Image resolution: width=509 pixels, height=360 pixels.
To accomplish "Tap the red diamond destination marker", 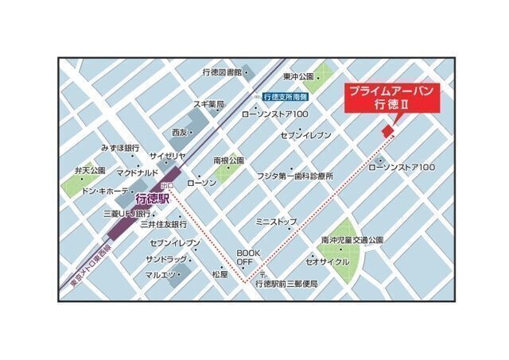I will (x=387, y=130).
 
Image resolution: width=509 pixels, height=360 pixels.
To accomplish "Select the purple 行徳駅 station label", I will (x=153, y=199).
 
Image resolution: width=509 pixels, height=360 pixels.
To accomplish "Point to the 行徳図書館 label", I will (x=221, y=72).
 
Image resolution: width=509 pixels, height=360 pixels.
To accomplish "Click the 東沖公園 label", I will (x=299, y=77).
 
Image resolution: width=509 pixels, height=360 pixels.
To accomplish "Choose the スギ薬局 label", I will (x=209, y=104).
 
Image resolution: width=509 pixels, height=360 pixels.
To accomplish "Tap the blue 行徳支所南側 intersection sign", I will (x=286, y=95).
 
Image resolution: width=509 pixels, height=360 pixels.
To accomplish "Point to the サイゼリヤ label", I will (x=167, y=156).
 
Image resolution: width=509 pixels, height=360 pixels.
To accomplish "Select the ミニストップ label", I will (x=276, y=221).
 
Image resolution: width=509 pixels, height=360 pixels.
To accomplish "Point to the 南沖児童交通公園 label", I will (x=352, y=239).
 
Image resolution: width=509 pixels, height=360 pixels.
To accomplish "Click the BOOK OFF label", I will (x=245, y=257).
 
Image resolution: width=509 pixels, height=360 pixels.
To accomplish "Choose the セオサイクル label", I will (x=326, y=260).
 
